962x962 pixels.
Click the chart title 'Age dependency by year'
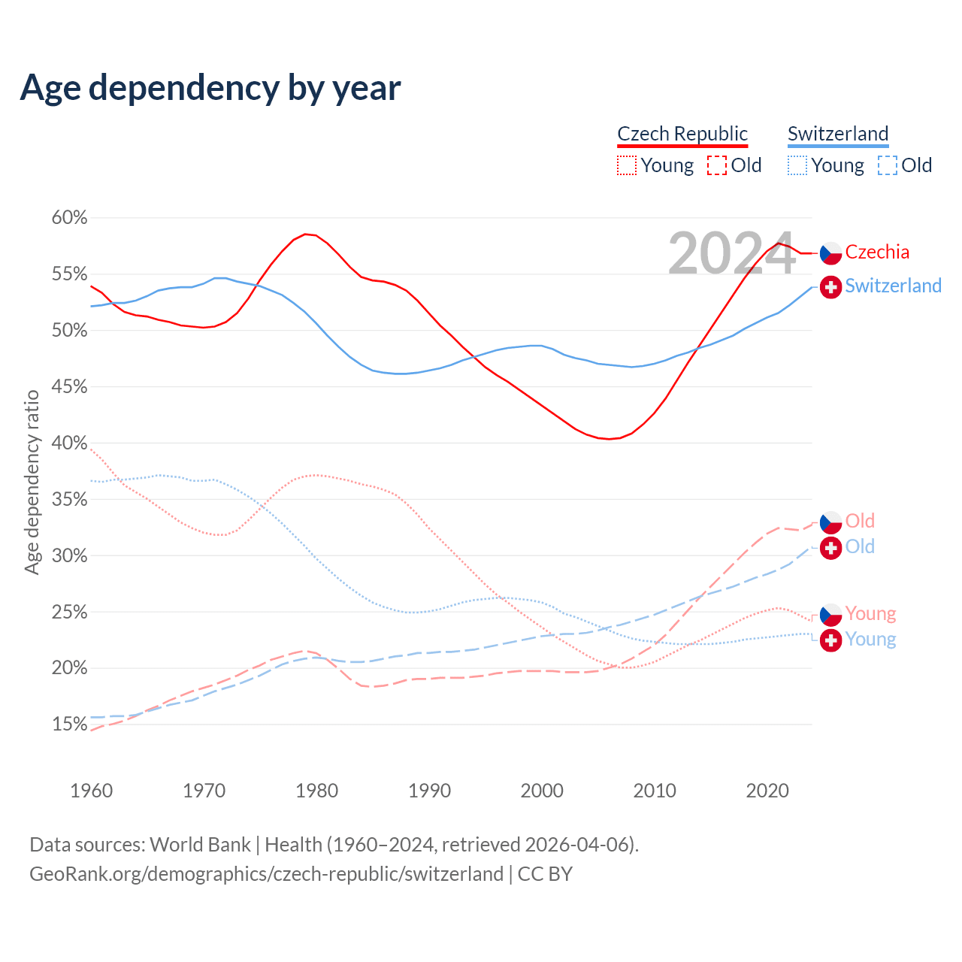tap(210, 88)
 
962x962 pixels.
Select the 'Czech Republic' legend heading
tap(682, 134)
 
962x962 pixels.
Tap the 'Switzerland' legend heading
tap(838, 134)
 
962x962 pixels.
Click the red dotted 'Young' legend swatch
tap(627, 165)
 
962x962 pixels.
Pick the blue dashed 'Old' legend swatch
tap(888, 165)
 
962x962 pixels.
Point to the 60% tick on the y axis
tap(70, 218)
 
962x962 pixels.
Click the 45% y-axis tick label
tap(70, 387)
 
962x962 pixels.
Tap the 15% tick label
tap(70, 725)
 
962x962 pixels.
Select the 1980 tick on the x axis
tap(316, 791)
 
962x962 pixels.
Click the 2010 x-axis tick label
tap(655, 791)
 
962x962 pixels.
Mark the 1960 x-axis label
tap(92, 791)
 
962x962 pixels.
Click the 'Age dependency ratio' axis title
tap(32, 482)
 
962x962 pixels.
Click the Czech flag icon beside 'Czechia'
tap(830, 253)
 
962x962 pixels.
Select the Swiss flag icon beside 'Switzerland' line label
tap(830, 287)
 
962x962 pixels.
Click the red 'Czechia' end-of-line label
tap(877, 253)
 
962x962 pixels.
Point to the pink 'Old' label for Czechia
tap(860, 521)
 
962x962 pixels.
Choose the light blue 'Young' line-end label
tap(870, 639)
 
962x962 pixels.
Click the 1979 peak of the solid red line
tap(305, 234)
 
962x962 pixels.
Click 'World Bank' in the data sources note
tap(200, 845)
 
